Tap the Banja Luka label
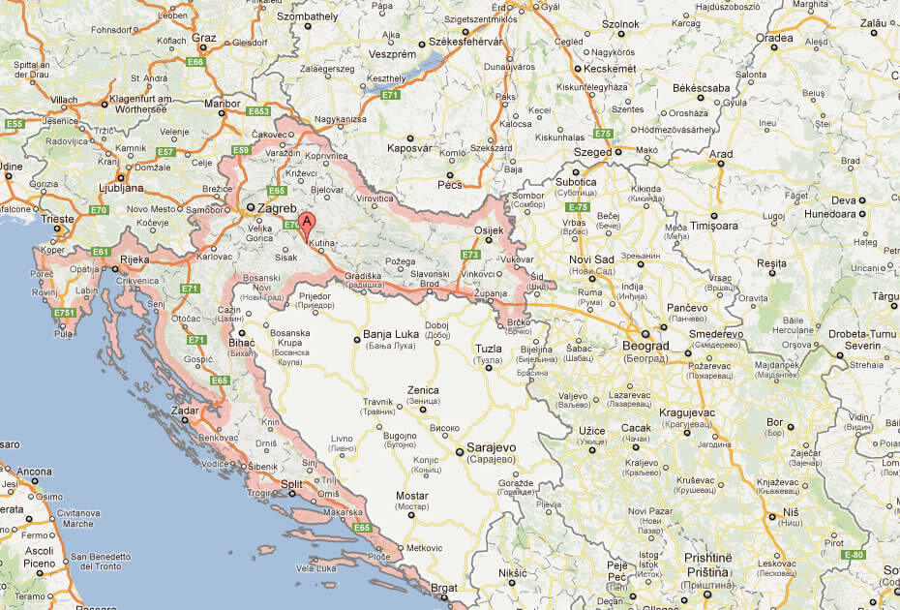click(x=389, y=335)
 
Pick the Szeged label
click(x=592, y=152)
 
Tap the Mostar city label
click(x=412, y=496)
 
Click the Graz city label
click(x=203, y=38)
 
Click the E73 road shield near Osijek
click(x=470, y=255)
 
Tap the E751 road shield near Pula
click(x=66, y=313)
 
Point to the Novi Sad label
click(x=592, y=259)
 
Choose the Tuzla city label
click(x=490, y=349)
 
